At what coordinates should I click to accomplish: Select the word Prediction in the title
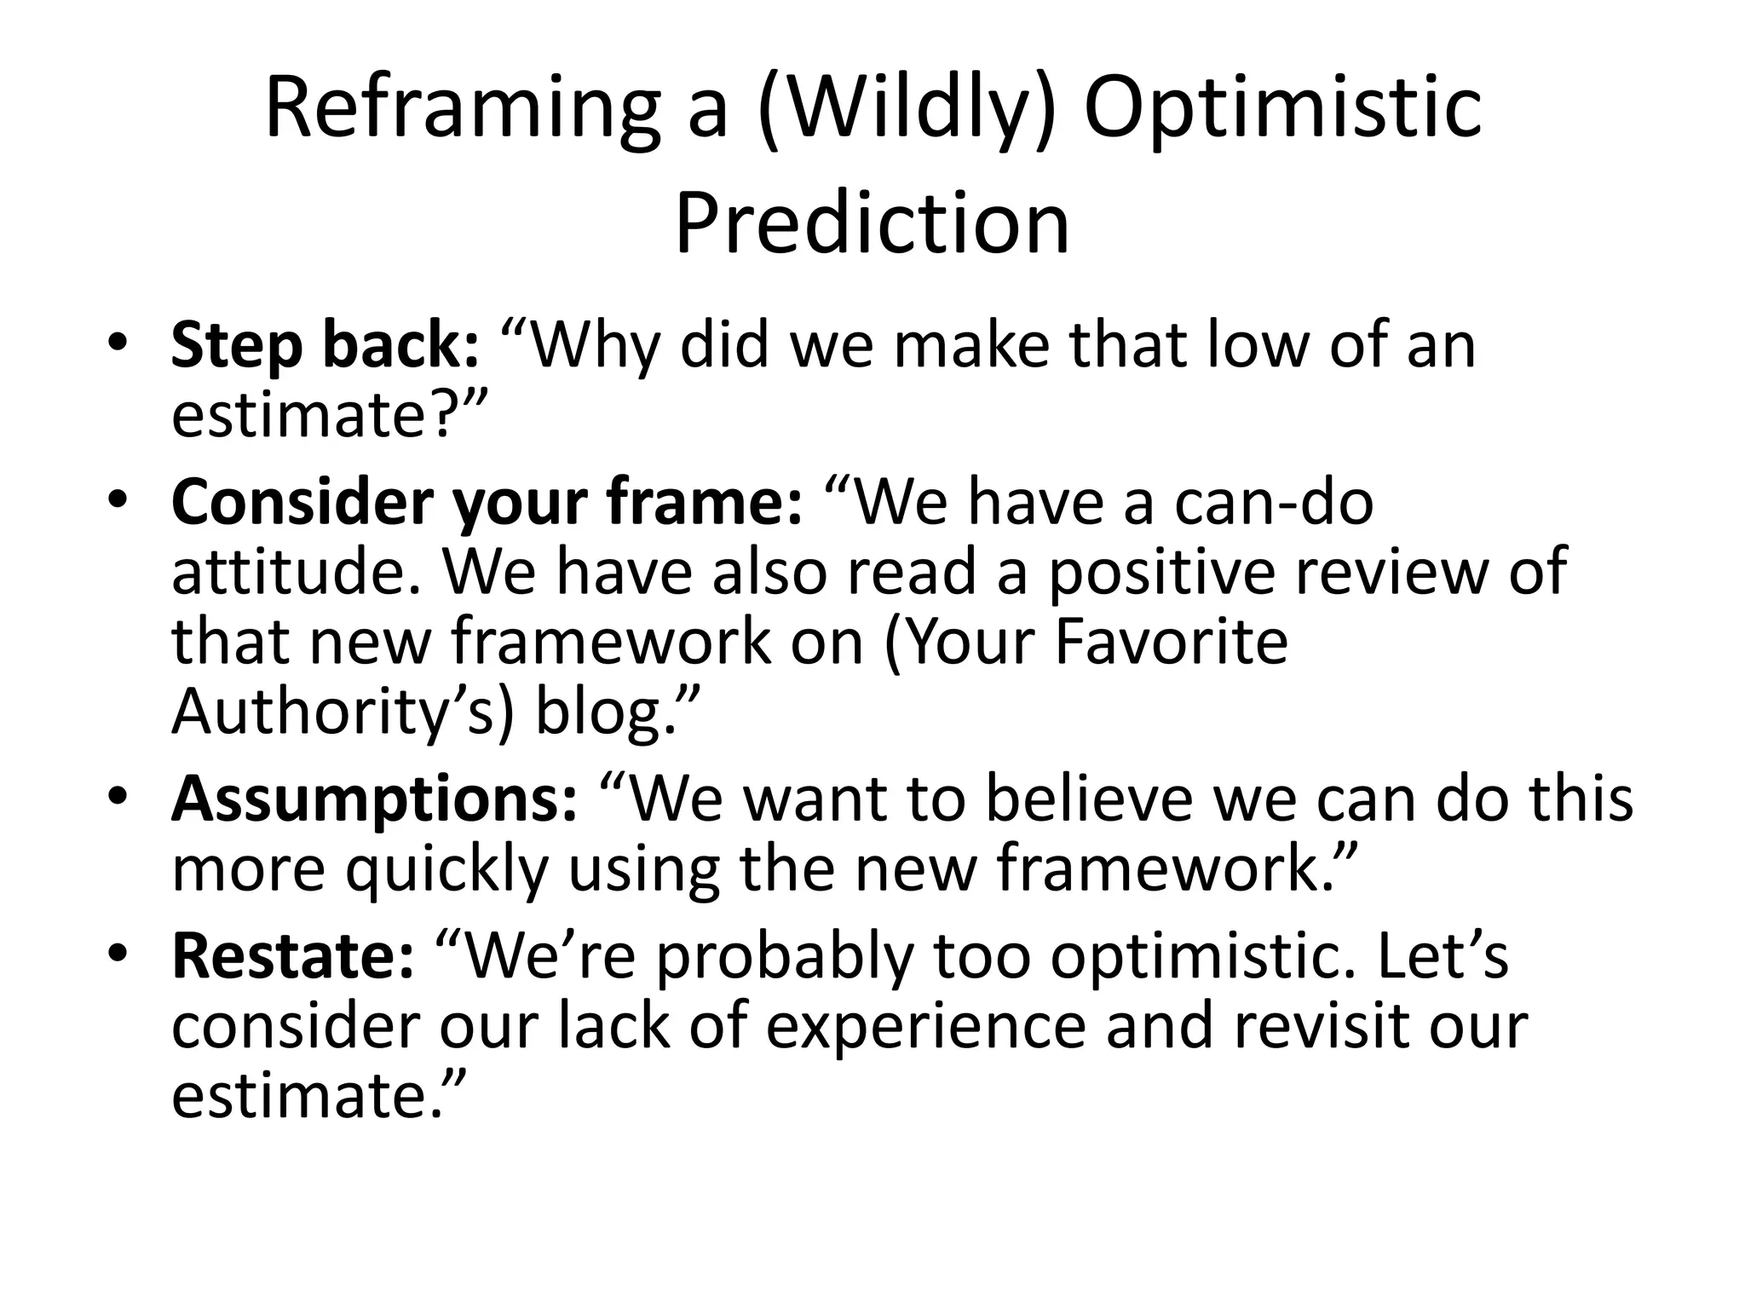pyautogui.click(x=872, y=223)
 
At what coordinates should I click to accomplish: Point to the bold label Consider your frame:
pyautogui.click(x=487, y=503)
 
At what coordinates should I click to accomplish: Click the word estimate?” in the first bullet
pyautogui.click(x=328, y=415)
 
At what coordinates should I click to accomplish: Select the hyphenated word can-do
pyautogui.click(x=1274, y=503)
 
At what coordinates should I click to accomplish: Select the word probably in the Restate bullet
pyautogui.click(x=785, y=956)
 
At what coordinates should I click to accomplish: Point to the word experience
pyautogui.click(x=925, y=1026)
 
